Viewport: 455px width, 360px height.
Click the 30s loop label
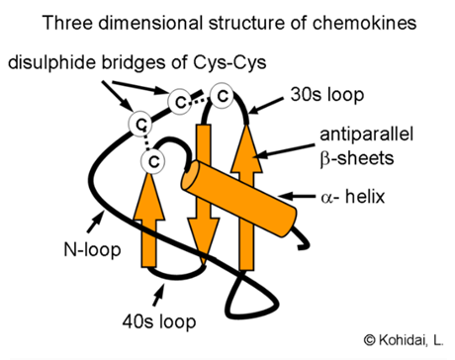coord(331,97)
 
